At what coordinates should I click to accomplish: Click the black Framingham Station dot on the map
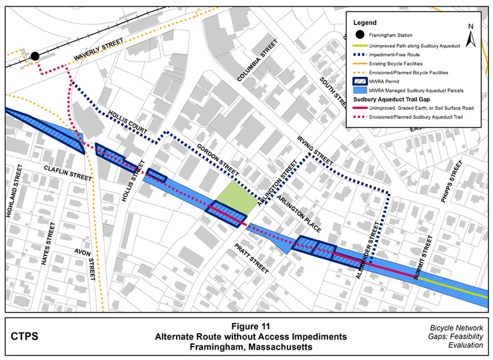[x=35, y=56]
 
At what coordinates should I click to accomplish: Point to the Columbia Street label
[x=257, y=60]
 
